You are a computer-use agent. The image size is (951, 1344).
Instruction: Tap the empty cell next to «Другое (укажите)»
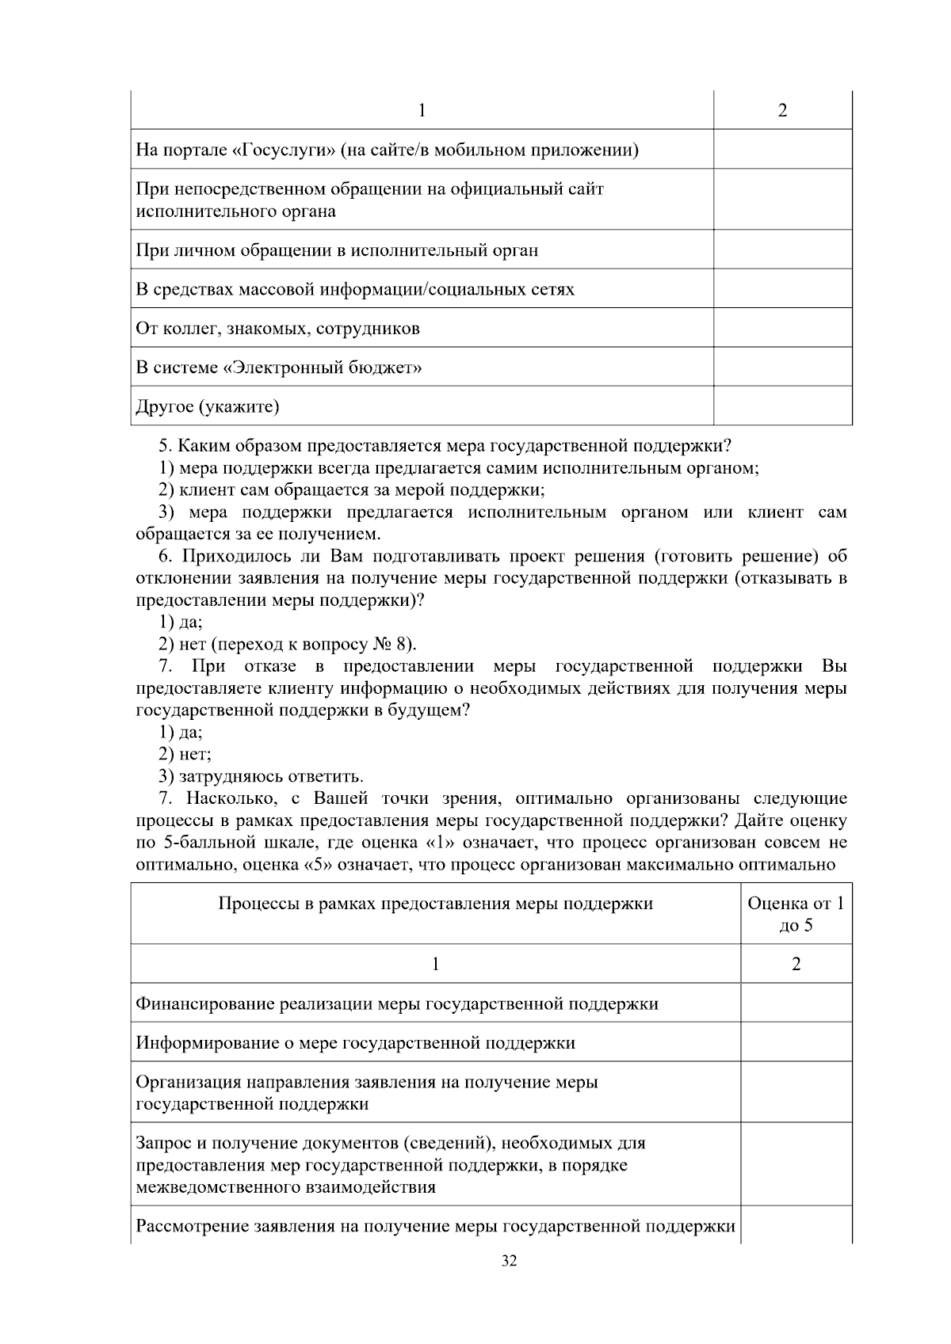[782, 406]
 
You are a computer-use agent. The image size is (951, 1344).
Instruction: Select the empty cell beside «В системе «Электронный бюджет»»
[782, 367]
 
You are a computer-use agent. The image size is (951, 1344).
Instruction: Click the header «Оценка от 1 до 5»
[796, 914]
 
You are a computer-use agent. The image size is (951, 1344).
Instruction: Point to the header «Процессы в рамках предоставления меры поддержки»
[435, 904]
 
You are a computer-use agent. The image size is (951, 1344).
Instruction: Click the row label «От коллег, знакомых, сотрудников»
[278, 329]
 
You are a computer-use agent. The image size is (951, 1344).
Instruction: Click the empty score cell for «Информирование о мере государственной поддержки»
[796, 1042]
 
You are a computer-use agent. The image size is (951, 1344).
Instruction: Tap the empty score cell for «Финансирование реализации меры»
[796, 1003]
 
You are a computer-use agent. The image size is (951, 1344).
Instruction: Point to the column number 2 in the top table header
[782, 111]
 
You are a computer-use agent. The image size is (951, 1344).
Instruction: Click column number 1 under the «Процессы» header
[435, 964]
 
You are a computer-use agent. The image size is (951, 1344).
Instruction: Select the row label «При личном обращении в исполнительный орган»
[337, 251]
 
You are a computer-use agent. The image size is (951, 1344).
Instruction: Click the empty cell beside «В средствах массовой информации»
[782, 289]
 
